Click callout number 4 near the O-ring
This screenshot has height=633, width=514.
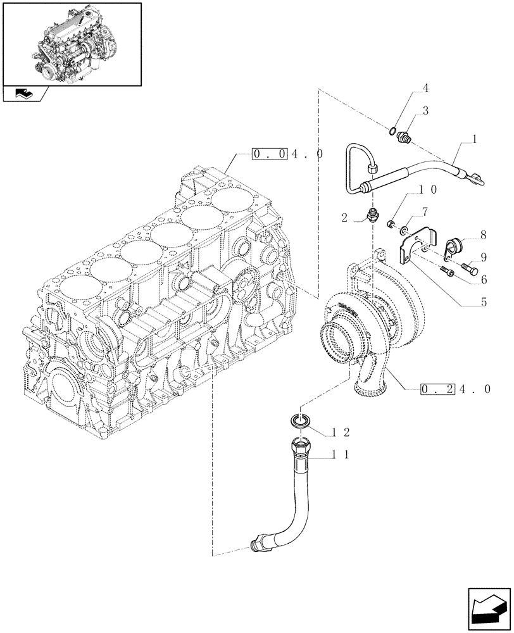(x=425, y=88)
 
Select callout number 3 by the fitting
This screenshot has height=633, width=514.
(x=425, y=111)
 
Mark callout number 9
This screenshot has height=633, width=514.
(x=483, y=256)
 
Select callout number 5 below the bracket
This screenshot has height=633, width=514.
(x=483, y=303)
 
